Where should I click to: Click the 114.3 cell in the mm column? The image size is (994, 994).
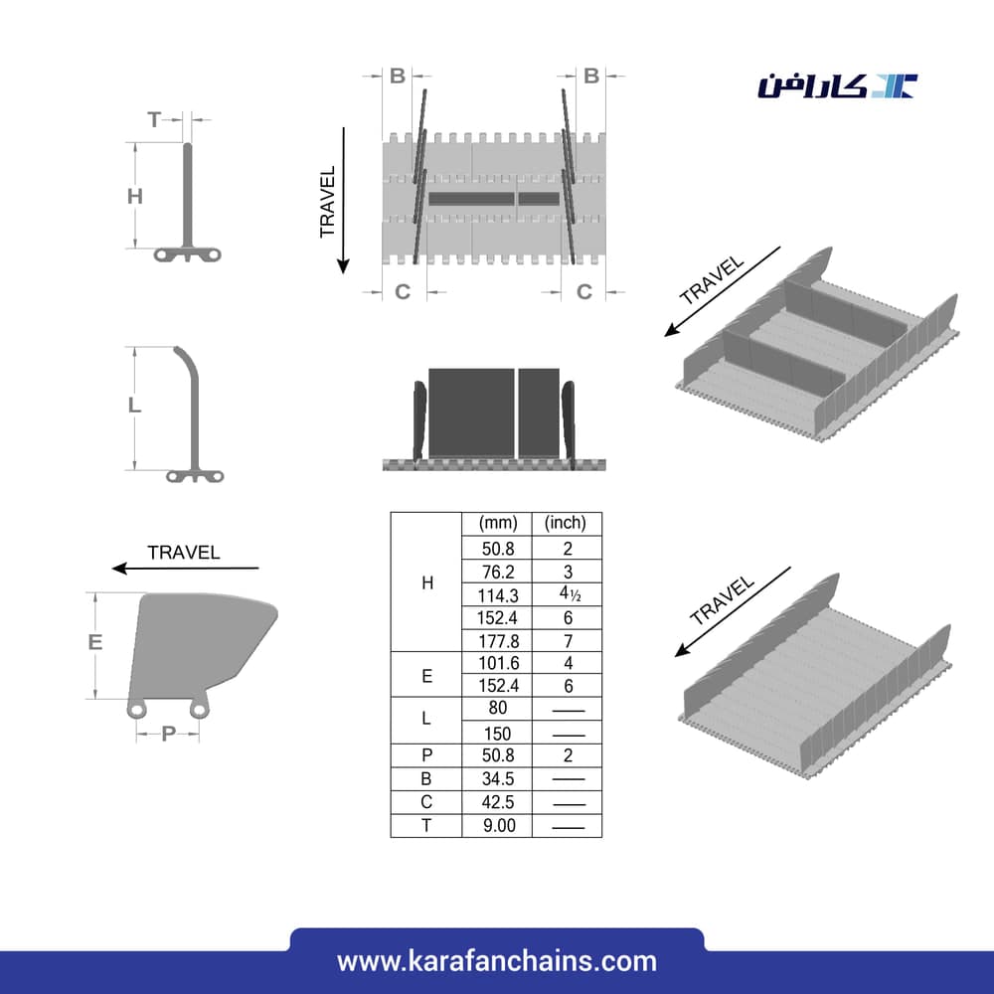click(x=498, y=595)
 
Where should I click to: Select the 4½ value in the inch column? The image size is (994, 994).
click(x=570, y=594)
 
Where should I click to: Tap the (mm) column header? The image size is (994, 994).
click(x=498, y=523)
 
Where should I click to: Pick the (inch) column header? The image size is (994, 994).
click(x=566, y=523)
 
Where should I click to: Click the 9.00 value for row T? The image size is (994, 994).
click(x=499, y=825)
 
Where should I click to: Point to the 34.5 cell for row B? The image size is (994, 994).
click(x=498, y=779)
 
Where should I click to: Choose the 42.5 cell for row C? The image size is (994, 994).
click(x=498, y=802)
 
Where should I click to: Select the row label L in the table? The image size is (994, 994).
click(x=426, y=719)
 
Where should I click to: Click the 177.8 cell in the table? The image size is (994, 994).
click(x=499, y=641)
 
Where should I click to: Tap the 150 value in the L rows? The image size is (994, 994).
click(x=498, y=734)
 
